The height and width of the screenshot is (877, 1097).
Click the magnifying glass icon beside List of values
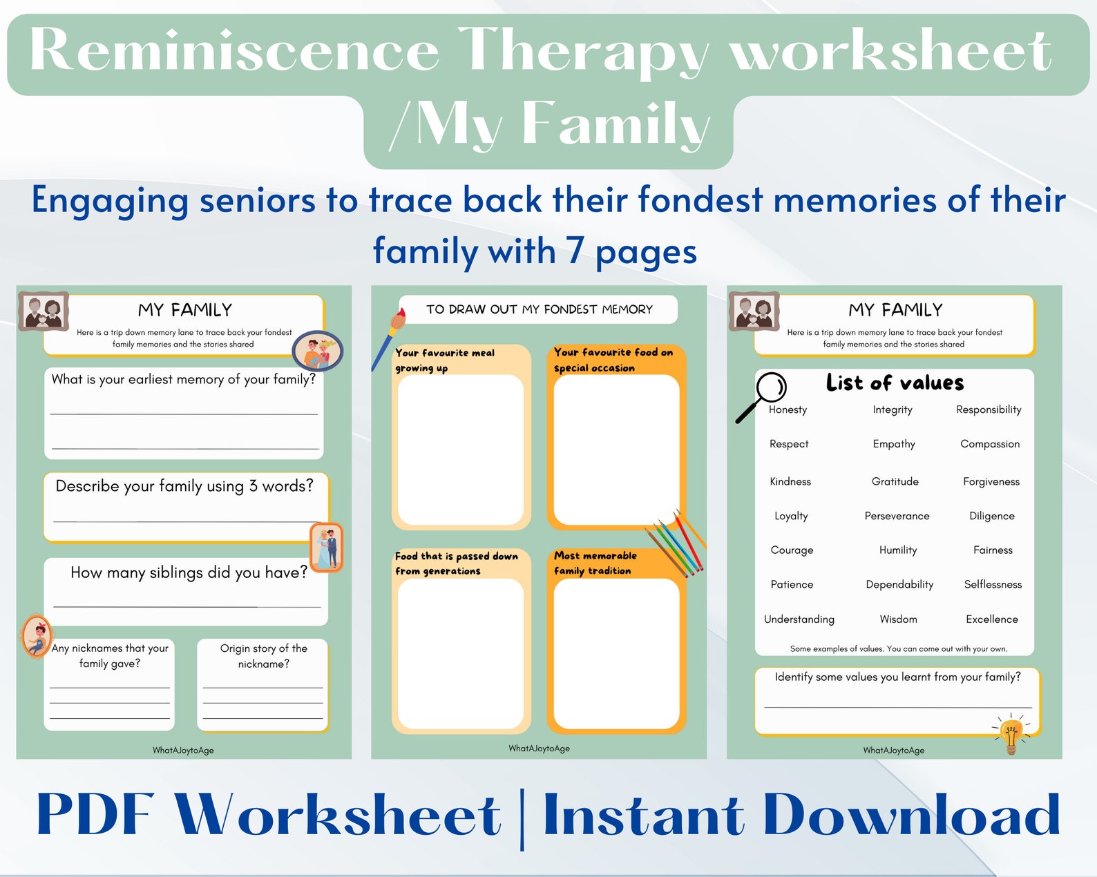[763, 396]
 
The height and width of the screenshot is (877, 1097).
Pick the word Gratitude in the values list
[895, 481]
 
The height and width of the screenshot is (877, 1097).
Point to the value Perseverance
[897, 516]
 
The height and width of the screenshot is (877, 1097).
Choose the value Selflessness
[993, 584]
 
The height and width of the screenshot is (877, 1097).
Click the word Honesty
[788, 409]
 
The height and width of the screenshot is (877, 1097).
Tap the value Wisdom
[898, 619]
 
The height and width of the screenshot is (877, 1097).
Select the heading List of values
[895, 383]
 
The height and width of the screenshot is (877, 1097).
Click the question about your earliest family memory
[183, 379]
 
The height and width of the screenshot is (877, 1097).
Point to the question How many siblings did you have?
[189, 572]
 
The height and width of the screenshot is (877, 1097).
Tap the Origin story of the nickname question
[263, 656]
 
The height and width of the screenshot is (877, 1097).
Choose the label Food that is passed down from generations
[456, 563]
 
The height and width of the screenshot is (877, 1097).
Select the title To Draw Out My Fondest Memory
[539, 309]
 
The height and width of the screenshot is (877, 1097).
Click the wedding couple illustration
[327, 548]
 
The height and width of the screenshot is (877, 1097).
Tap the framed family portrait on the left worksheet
[44, 311]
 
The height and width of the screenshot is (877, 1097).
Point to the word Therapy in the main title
[584, 50]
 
